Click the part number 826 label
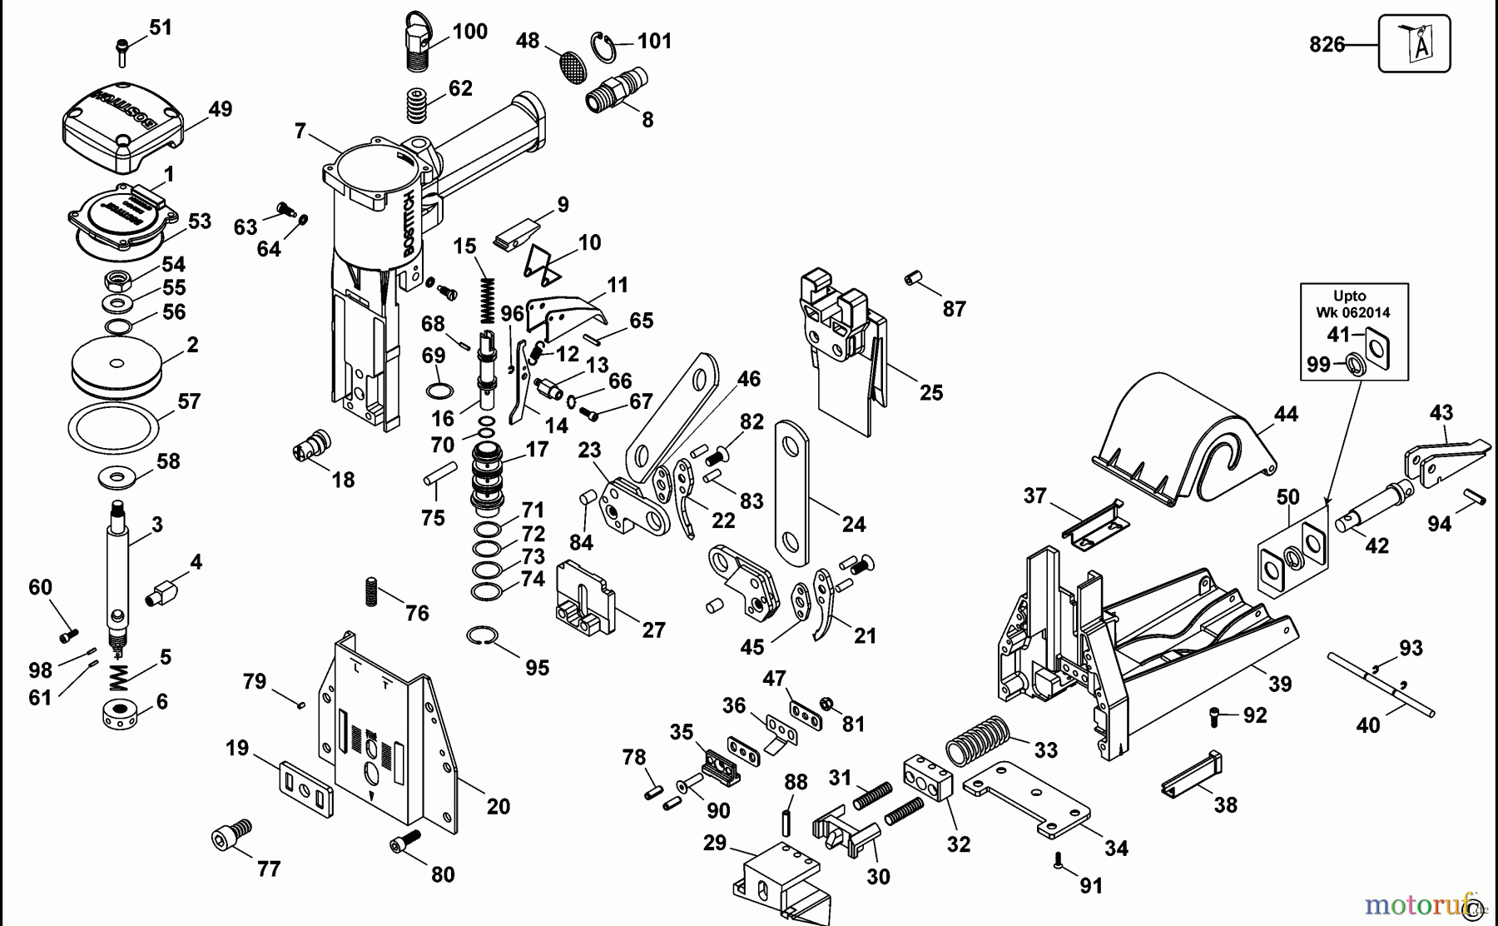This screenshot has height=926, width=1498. coord(1327,44)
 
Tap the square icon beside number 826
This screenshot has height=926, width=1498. coord(1414,44)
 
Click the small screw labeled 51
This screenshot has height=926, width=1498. coord(122,39)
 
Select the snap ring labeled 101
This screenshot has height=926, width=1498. coord(607,47)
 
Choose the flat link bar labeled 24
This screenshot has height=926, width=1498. coord(793,492)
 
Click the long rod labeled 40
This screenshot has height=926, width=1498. coord(1381,684)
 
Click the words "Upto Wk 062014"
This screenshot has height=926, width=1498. coord(1353,304)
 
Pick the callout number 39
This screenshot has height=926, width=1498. coord(1280,685)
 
